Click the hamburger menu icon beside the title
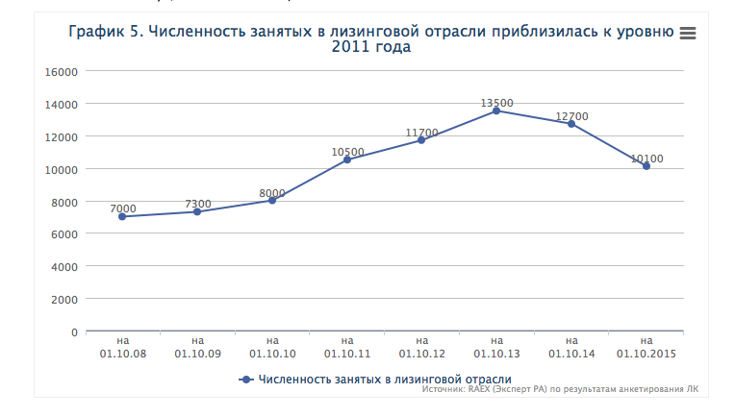click(687, 33)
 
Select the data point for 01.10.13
click(496, 110)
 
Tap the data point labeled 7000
click(122, 216)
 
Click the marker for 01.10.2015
click(646, 166)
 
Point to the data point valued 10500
click(346, 159)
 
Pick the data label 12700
click(571, 116)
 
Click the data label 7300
click(197, 204)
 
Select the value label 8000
click(272, 193)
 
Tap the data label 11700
click(421, 133)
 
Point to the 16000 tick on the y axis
click(61, 71)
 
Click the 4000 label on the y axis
click(63, 266)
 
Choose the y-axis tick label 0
click(73, 331)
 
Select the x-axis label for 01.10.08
click(122, 347)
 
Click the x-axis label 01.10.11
click(346, 347)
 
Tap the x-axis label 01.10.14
click(571, 347)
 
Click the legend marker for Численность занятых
click(245, 380)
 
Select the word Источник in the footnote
click(444, 392)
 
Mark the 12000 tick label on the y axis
click(61, 136)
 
